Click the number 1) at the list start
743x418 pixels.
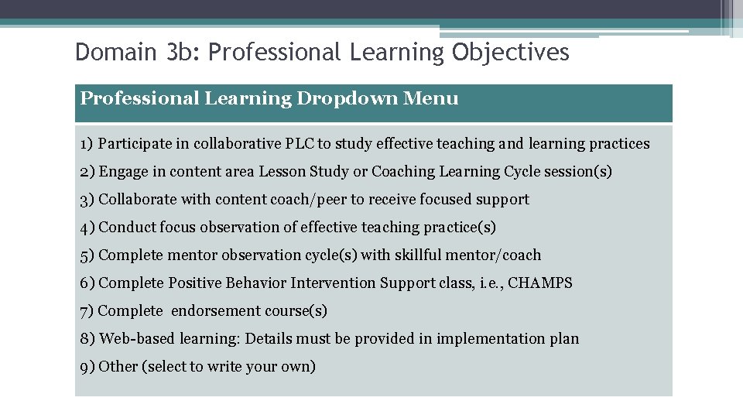(86, 144)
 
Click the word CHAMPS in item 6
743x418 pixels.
(540, 283)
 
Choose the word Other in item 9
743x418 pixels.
(118, 367)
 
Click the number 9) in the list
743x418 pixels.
(87, 367)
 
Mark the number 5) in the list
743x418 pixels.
(87, 255)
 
